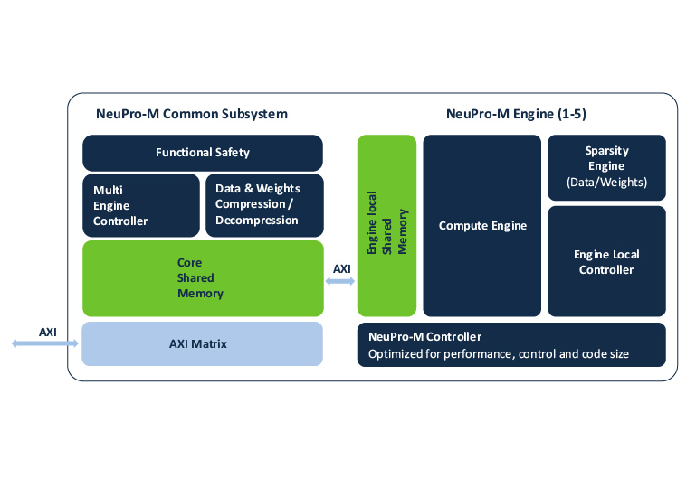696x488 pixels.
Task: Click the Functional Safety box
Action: (x=202, y=153)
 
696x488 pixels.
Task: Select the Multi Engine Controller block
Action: (x=140, y=205)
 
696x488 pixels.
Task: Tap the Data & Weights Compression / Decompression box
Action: (x=263, y=205)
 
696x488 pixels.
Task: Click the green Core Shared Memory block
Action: (x=202, y=278)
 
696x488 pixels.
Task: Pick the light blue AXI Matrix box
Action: (x=202, y=343)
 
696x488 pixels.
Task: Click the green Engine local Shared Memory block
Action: (x=386, y=225)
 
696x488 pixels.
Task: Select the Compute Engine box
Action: (x=481, y=225)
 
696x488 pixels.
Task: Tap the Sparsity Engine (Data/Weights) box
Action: (x=606, y=167)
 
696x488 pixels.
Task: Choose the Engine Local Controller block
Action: (x=606, y=262)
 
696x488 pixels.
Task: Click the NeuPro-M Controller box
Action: (x=511, y=344)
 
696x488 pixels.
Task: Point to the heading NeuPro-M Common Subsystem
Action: (x=191, y=114)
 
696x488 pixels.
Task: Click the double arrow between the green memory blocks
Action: (x=340, y=282)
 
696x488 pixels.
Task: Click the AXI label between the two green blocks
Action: (x=341, y=269)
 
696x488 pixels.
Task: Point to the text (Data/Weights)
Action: (x=606, y=183)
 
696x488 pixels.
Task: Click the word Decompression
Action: (x=257, y=221)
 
